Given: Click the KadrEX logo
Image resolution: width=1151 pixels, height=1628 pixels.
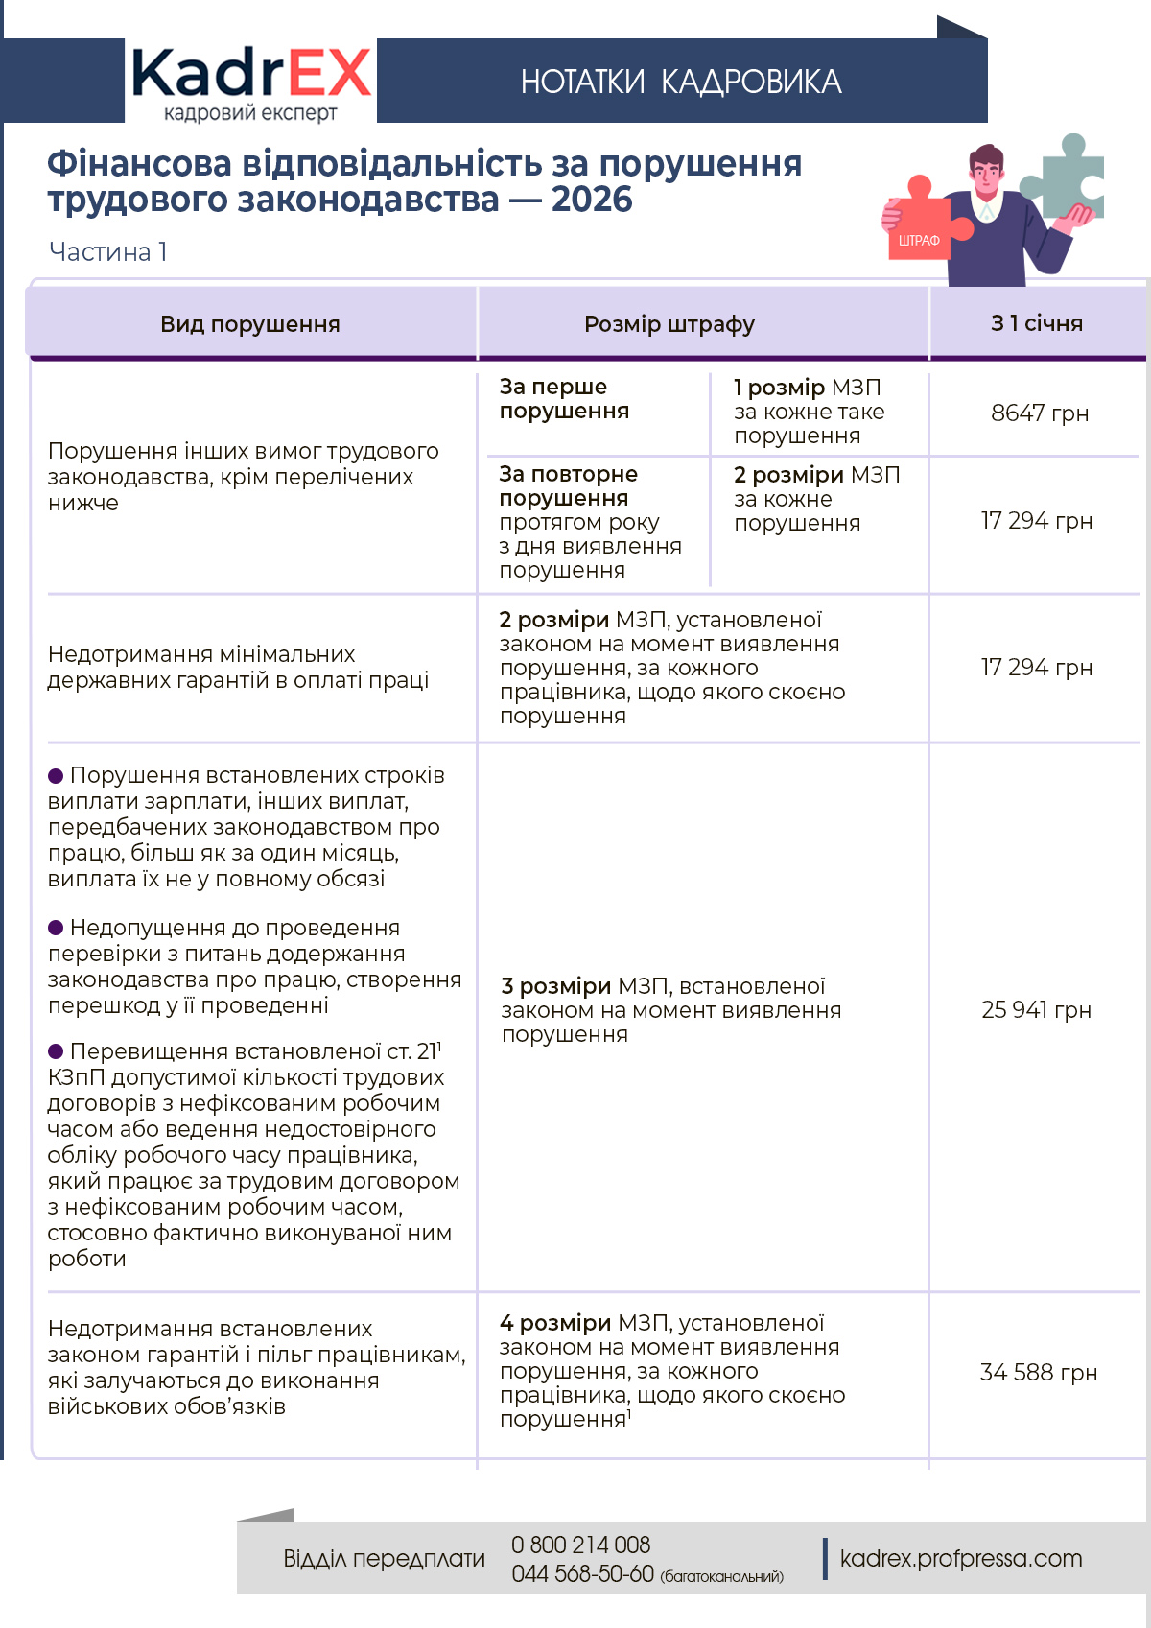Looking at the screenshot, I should [250, 82].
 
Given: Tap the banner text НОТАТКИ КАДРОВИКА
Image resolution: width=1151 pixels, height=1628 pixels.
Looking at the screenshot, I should [681, 83].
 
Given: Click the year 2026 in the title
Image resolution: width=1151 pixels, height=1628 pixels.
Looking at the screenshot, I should [592, 200].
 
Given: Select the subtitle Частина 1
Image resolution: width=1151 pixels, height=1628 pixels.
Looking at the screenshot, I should [108, 251].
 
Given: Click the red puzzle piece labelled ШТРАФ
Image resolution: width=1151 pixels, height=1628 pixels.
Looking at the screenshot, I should [920, 224].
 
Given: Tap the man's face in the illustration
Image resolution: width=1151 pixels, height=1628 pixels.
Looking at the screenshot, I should [985, 172].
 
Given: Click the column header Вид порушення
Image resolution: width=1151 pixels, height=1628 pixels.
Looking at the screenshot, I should [250, 324].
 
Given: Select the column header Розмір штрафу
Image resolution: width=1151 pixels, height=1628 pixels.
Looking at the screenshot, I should [669, 324].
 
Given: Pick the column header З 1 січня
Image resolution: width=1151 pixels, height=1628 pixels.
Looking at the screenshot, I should [1037, 323].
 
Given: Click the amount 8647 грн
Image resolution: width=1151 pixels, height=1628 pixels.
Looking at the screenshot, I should [1040, 413].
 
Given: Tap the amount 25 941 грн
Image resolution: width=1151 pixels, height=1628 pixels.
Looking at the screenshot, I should [1036, 1010].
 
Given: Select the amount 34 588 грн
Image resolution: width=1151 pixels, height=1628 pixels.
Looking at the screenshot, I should [1038, 1373].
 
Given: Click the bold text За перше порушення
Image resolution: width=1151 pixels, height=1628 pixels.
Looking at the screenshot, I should [564, 399].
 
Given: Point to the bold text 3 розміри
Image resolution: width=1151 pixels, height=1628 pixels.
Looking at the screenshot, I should [556, 986].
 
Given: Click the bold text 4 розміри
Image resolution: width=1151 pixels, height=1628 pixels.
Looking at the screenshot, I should [555, 1323].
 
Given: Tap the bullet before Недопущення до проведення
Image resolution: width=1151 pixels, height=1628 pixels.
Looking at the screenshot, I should [56, 928].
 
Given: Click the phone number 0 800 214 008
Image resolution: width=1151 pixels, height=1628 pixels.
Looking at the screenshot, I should [580, 1545].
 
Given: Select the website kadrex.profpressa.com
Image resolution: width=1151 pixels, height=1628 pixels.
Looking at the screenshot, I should [961, 1558].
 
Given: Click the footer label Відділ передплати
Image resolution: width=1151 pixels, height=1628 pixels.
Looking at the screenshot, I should [384, 1558].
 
